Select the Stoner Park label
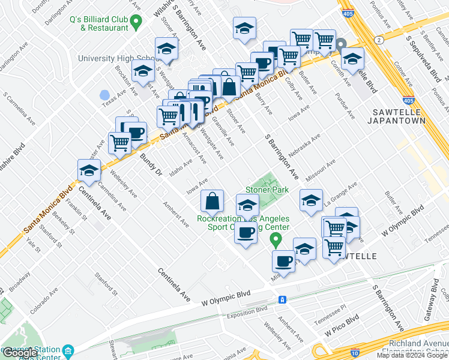coord(267,190)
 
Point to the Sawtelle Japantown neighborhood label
coord(399,116)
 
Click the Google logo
coord(20,353)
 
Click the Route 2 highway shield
coord(379,40)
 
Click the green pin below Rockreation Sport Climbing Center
coord(276,241)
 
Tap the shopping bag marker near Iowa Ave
coord(212,201)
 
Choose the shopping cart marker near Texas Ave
coord(120,143)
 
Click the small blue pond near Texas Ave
coord(104,95)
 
